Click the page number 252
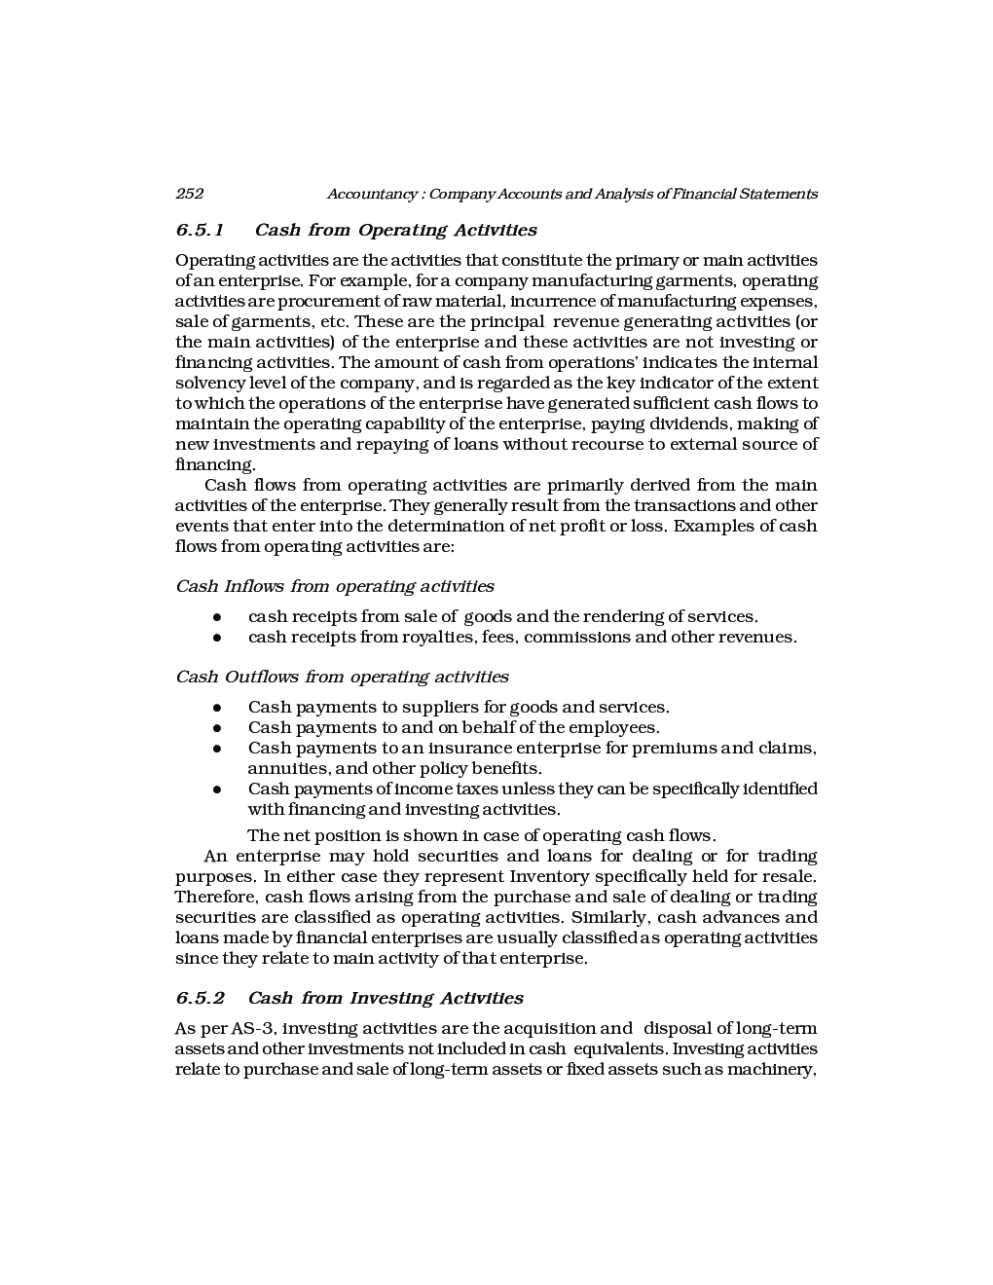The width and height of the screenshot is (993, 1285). [189, 194]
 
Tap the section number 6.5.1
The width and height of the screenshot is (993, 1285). [200, 231]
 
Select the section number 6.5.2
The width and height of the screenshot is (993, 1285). [200, 999]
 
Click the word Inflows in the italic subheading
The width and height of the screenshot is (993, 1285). [254, 587]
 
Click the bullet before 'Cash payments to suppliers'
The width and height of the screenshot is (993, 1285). [218, 708]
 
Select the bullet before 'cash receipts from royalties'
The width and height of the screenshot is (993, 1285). [218, 638]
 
